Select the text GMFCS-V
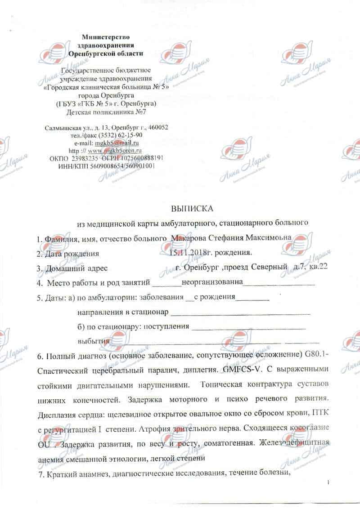240,370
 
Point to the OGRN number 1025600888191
141,158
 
